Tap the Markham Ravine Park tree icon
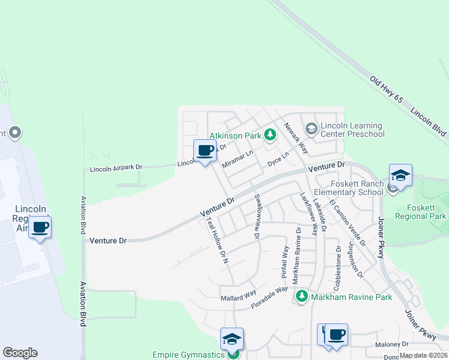[x=301, y=296]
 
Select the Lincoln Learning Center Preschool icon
[x=311, y=128]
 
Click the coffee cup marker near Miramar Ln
[x=205, y=150]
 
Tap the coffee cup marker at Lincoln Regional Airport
[x=40, y=227]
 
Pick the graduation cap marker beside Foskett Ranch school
[x=400, y=175]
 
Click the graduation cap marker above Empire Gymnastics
[x=232, y=339]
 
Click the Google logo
[x=20, y=353]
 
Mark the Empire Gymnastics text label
[x=188, y=354]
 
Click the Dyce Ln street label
[x=278, y=158]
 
